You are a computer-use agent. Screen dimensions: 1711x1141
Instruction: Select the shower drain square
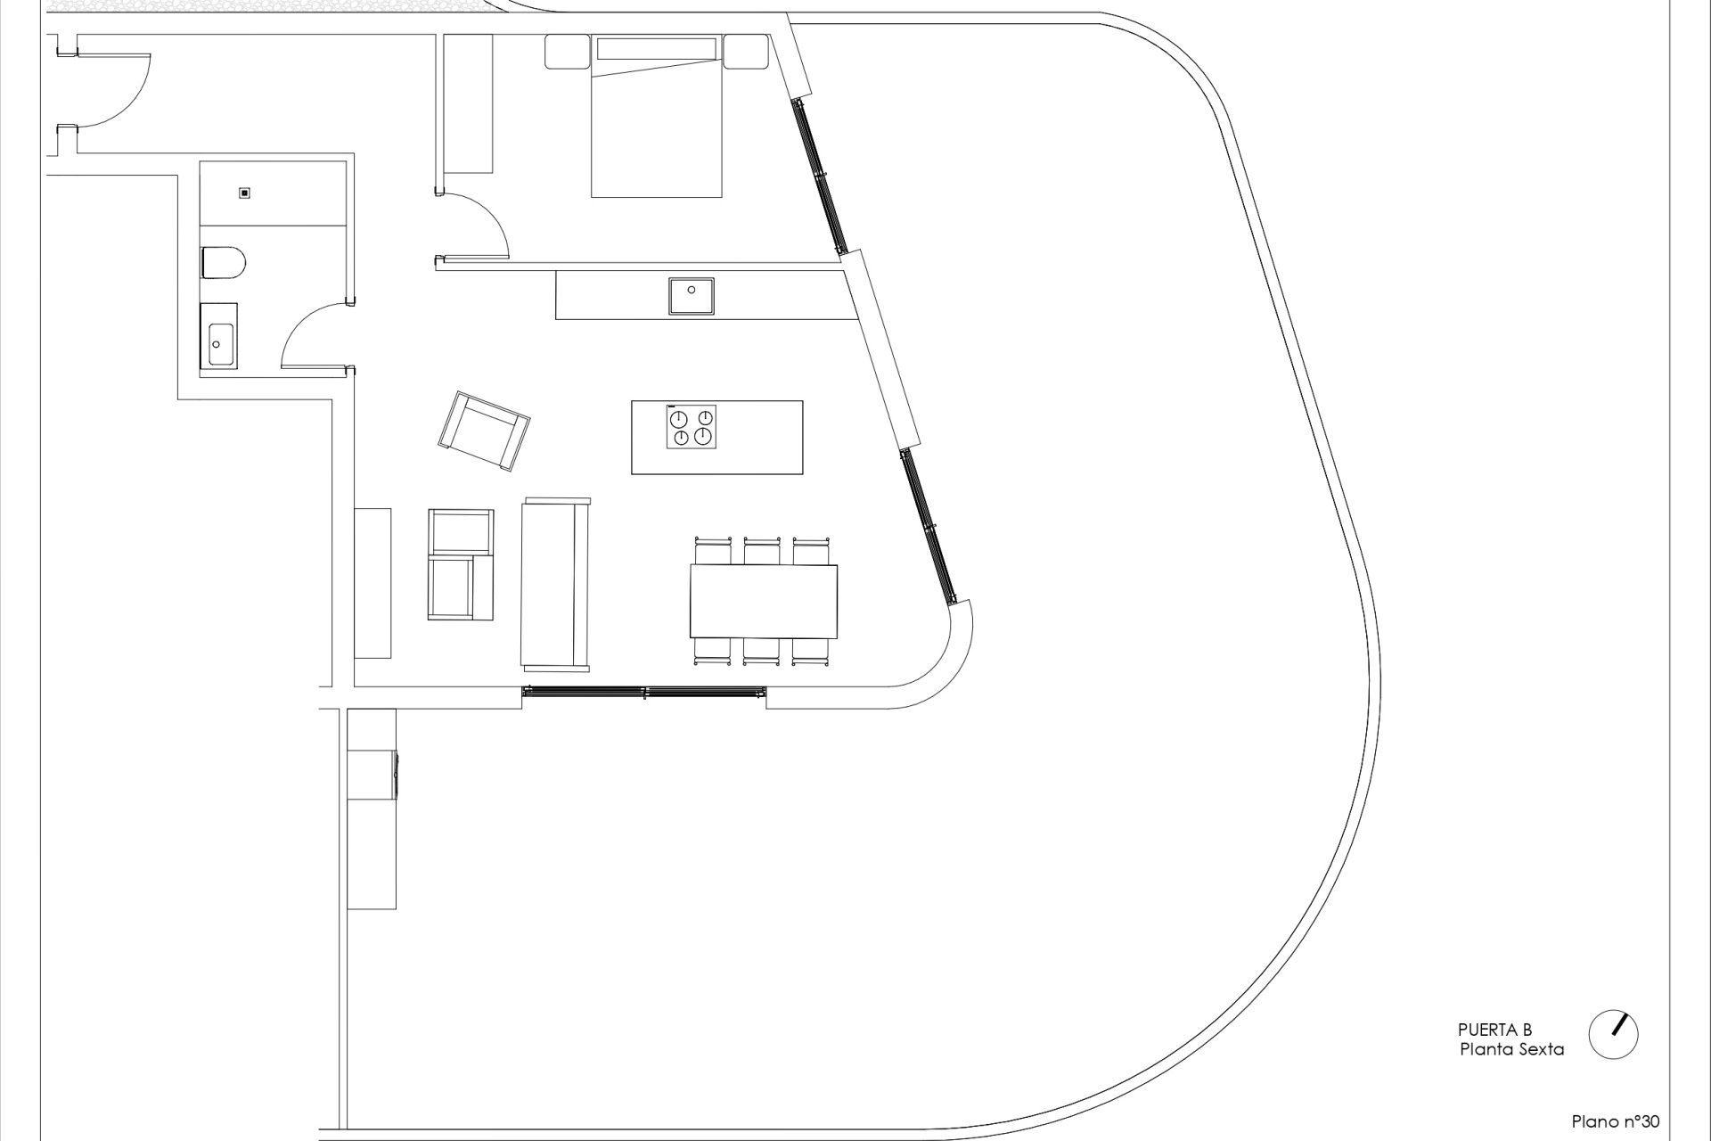[x=244, y=193]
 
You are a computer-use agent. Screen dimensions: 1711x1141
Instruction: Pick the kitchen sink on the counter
[x=692, y=295]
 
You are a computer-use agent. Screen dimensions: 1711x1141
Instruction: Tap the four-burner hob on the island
[x=691, y=427]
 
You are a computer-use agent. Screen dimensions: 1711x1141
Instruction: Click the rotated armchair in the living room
[x=485, y=430]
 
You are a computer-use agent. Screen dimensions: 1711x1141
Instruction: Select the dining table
[x=764, y=601]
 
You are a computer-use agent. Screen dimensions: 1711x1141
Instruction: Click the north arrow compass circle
[x=1614, y=1034]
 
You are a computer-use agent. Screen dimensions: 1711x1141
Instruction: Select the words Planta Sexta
[x=1511, y=1049]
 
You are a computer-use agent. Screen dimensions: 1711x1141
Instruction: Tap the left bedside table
[x=567, y=53]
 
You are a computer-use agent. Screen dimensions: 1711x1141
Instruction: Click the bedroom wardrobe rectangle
[x=468, y=103]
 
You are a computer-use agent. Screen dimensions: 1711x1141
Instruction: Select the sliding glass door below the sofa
[x=644, y=692]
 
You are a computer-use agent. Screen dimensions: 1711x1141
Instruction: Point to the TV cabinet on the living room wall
[x=372, y=583]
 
